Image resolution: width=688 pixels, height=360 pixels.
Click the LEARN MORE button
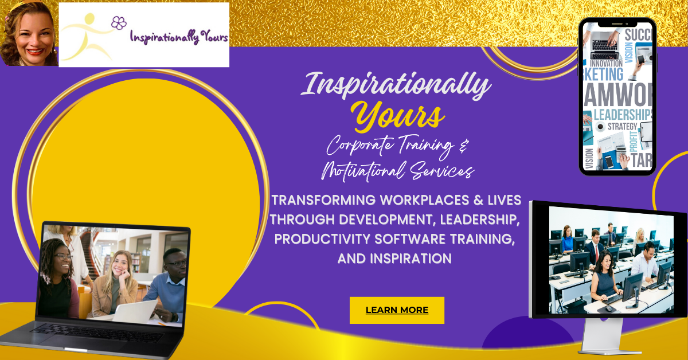coord(397,310)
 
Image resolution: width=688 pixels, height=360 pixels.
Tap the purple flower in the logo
coord(119,23)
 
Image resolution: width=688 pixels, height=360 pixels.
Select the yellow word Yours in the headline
coord(399,117)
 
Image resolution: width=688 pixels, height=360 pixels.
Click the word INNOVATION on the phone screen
coord(607,63)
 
